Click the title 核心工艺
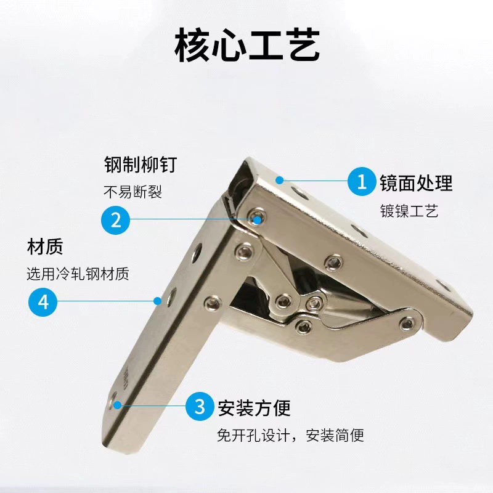point(247,45)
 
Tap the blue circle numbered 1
point(362,181)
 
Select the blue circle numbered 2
point(115,220)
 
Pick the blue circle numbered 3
point(200,406)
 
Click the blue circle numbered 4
point(43,302)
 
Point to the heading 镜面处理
point(417,182)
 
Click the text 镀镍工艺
point(409,211)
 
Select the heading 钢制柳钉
point(141,165)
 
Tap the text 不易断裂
point(132,192)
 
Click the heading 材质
point(45,246)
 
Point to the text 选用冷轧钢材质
point(78,274)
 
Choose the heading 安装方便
point(254,408)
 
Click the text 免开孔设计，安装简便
point(290,435)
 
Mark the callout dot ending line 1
point(280,180)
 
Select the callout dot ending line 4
point(158,301)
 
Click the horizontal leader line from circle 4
point(107,301)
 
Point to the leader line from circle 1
point(314,181)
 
